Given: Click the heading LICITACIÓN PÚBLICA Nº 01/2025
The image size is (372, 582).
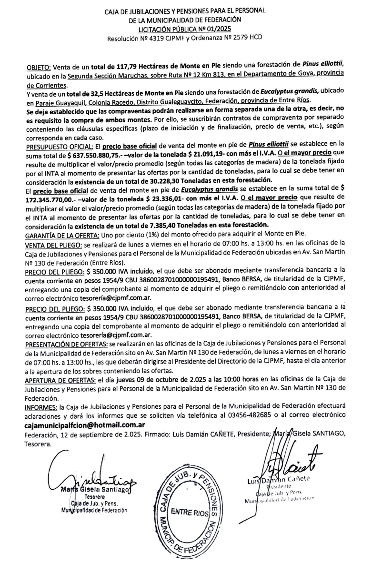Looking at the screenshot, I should pyautogui.click(x=186, y=29).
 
